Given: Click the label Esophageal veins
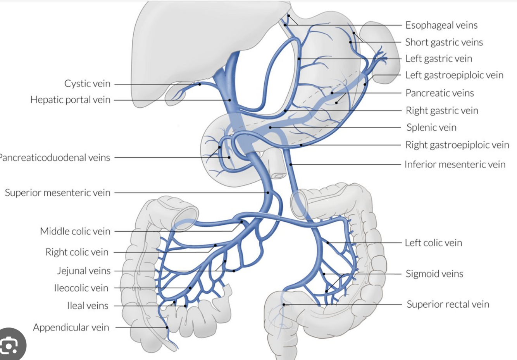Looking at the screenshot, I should [441, 25].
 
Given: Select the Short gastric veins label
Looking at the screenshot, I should [444, 42].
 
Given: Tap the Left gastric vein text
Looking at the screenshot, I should [438, 59].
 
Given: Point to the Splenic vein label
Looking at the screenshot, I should [431, 127].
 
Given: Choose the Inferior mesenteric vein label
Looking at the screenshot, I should [455, 164].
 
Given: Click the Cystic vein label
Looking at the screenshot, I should [87, 84].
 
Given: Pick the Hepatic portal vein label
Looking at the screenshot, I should [70, 100].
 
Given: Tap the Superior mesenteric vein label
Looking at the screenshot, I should [57, 193].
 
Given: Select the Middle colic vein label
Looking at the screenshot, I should [75, 231].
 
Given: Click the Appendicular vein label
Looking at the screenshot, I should [71, 327].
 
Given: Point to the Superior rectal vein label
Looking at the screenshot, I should [448, 304].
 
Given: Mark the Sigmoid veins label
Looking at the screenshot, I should [434, 274].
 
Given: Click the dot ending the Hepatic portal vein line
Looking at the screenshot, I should [229, 100].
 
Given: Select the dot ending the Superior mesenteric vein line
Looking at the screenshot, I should [268, 193].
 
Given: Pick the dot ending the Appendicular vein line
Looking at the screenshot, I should [167, 327].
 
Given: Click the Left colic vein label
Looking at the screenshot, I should [433, 243].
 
